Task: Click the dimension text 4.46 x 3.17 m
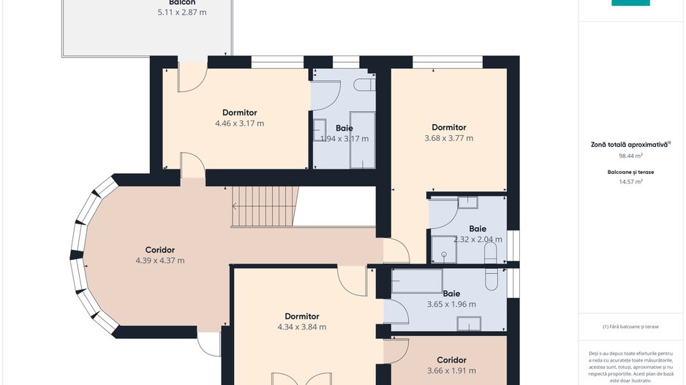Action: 239,123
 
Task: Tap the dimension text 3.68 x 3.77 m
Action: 448,138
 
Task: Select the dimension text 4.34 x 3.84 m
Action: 301,327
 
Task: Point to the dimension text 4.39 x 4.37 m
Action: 159,260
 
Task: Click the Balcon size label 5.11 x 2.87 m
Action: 182,12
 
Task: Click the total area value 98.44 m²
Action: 630,156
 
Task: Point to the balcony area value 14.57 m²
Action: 630,182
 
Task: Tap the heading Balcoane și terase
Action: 630,172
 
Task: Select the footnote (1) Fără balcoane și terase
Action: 630,327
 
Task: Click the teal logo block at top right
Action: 630,3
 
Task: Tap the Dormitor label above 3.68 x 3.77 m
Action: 448,127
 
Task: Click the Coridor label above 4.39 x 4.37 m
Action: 159,249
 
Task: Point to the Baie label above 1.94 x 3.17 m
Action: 344,128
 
